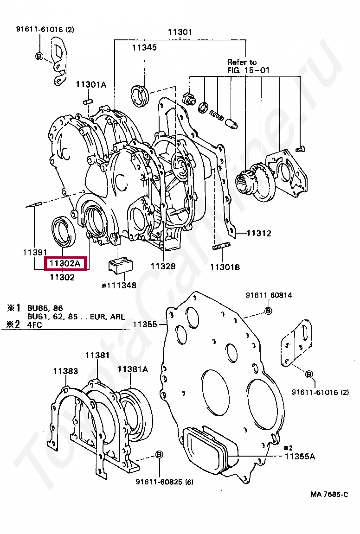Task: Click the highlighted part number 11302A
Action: [64, 263]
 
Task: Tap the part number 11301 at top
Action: [180, 32]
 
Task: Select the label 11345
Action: [144, 48]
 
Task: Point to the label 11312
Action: [259, 233]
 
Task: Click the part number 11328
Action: [163, 267]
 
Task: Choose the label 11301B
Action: [225, 267]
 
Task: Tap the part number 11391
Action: [35, 252]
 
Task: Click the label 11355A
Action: [300, 456]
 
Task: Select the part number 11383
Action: [65, 371]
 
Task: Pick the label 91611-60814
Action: [269, 295]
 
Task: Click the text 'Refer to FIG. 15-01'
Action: [248, 66]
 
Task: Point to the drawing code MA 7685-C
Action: [329, 495]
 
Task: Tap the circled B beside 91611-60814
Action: [268, 311]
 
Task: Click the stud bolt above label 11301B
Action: [222, 246]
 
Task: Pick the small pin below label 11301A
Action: [88, 101]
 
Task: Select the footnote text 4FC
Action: [34, 324]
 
